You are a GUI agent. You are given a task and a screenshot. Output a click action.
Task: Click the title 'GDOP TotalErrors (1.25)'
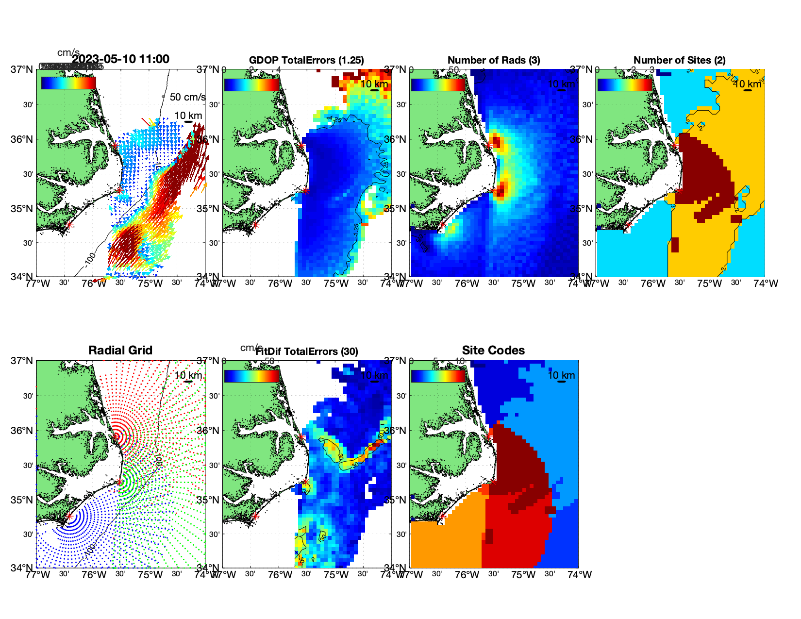306,60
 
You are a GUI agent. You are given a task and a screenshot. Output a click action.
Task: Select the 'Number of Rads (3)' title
494,60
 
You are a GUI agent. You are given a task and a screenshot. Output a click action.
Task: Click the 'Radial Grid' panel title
120,351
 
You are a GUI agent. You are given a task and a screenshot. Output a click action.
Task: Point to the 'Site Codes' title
493,351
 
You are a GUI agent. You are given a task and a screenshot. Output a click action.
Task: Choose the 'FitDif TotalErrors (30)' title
307,351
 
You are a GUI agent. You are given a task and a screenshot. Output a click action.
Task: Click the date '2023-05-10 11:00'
121,59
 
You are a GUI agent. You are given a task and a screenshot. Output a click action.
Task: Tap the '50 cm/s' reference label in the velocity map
187,97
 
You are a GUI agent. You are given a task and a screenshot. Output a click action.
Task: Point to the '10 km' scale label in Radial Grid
188,375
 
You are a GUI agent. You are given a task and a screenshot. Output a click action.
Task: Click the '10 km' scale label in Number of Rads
561,84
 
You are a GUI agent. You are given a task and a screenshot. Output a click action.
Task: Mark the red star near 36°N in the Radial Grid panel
116,436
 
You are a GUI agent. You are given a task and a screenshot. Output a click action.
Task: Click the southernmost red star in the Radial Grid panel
69,516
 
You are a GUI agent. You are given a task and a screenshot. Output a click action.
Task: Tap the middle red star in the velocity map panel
119,190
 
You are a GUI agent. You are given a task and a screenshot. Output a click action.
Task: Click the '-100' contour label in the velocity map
90,260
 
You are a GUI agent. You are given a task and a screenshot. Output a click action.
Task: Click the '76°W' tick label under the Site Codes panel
467,575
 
